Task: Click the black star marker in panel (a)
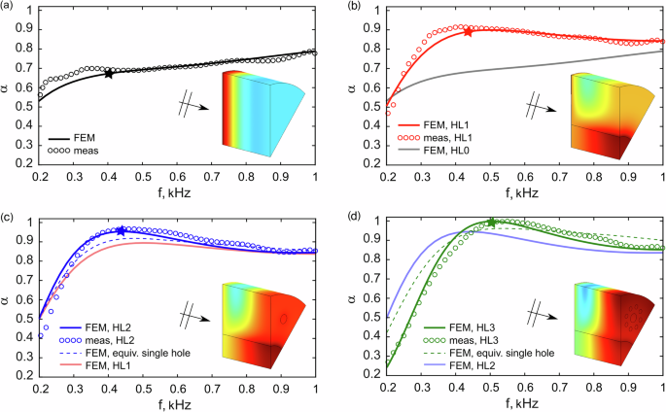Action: coord(108,73)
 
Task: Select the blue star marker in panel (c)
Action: coord(121,231)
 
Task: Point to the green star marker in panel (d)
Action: coord(491,223)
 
